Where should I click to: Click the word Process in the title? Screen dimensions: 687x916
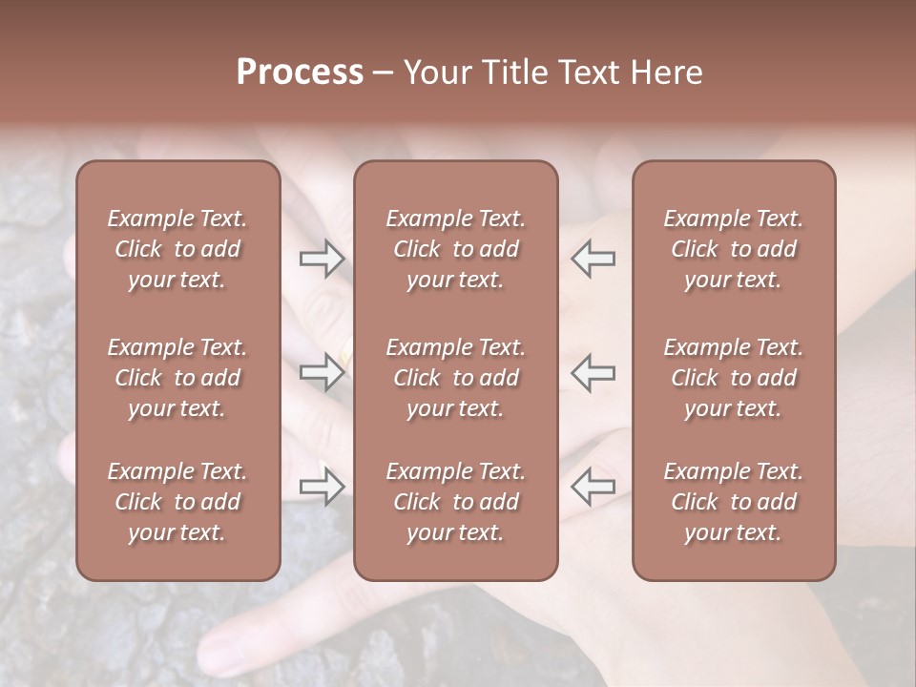coord(300,72)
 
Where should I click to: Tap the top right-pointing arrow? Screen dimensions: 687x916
coord(322,258)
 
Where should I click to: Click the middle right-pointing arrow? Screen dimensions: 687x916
coord(322,371)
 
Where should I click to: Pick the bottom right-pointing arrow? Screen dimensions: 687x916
coord(322,488)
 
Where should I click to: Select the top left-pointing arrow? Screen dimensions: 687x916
coord(593,258)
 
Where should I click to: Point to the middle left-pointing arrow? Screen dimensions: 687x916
coord(593,371)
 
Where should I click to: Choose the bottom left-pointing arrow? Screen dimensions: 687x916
coord(593,488)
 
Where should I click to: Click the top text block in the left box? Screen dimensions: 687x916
coord(177,249)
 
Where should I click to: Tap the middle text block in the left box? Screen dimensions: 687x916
coord(177,378)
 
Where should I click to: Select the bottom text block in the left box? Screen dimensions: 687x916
coord(177,502)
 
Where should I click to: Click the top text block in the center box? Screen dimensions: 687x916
coord(455,249)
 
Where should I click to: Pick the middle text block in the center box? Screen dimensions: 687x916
coord(455,378)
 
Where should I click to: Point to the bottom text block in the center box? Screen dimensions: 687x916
coord(455,502)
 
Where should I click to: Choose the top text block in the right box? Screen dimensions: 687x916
coord(733,249)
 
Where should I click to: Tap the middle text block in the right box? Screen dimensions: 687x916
coord(733,378)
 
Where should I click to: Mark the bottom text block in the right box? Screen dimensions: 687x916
coord(733,502)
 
